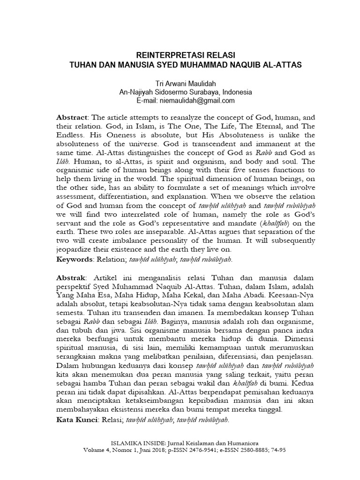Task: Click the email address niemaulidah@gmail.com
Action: pyautogui.click(x=199, y=100)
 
